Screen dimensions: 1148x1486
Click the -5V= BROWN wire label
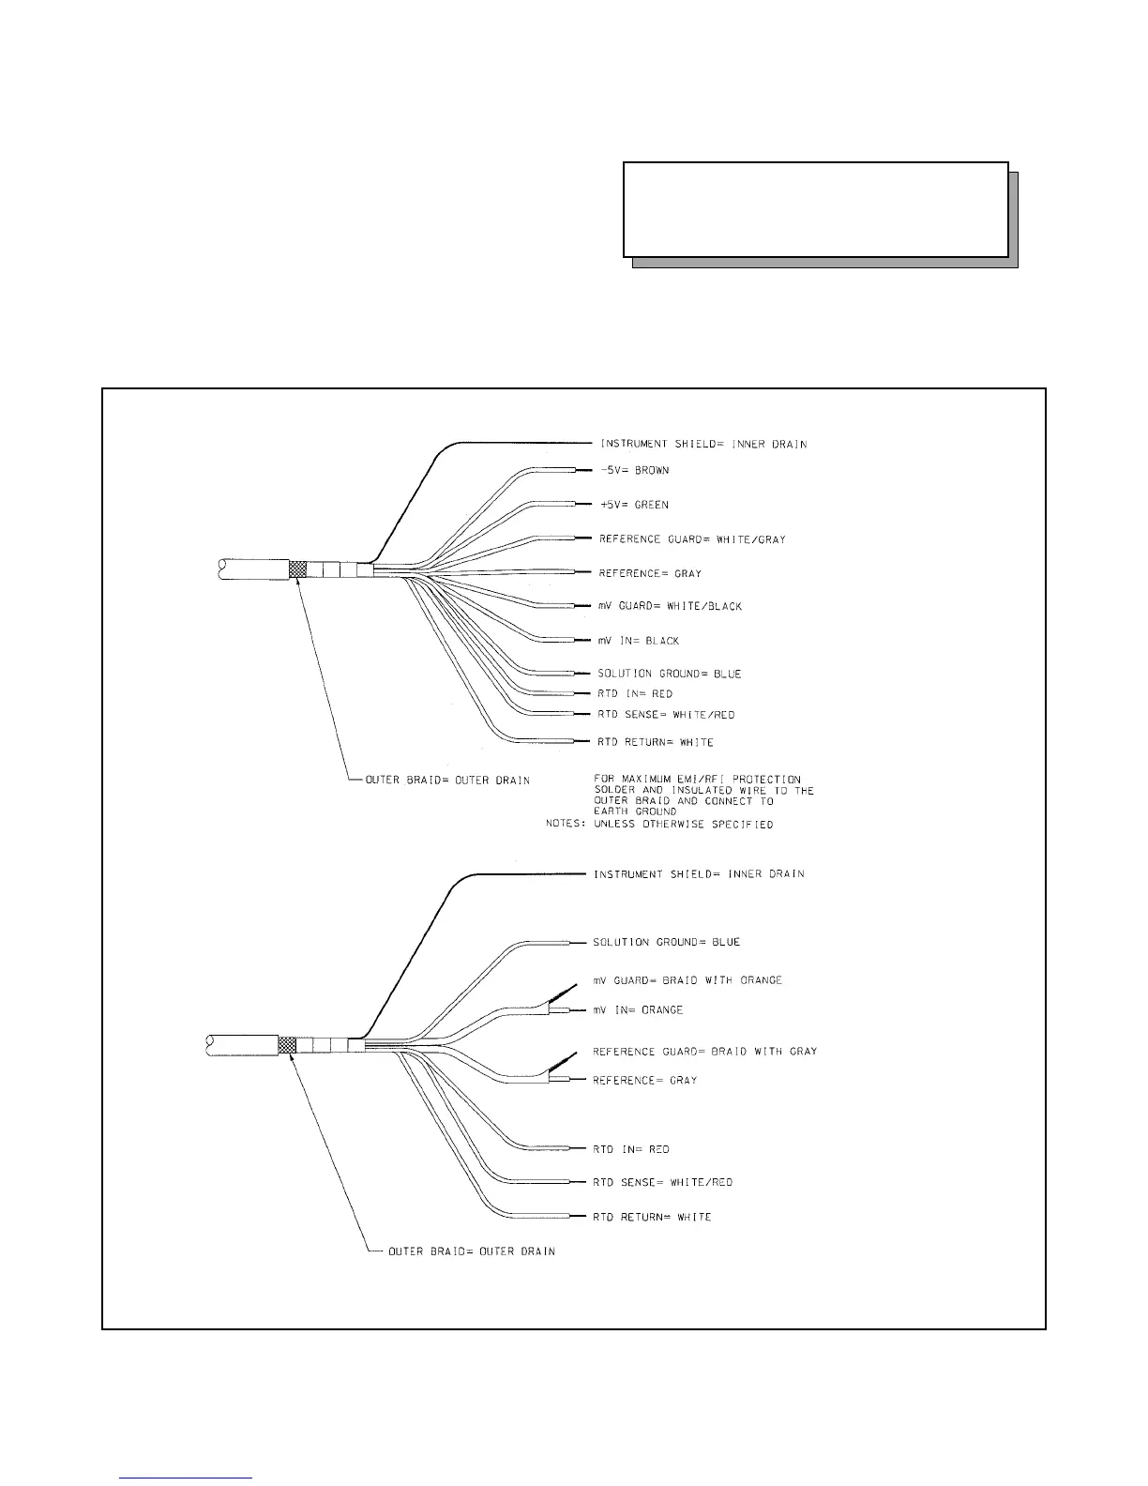tap(634, 471)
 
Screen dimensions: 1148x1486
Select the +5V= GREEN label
tap(634, 506)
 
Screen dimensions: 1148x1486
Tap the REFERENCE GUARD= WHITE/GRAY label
tap(692, 539)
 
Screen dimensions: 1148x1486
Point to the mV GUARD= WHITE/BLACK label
tap(670, 607)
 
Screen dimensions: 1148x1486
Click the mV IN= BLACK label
tap(638, 641)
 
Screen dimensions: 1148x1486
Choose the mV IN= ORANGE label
tap(638, 1010)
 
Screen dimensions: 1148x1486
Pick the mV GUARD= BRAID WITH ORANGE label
tap(687, 980)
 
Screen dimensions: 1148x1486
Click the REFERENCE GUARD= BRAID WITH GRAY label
tap(704, 1052)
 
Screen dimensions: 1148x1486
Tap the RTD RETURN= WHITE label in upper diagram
tap(655, 742)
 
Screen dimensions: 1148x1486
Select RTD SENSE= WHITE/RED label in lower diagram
tap(662, 1182)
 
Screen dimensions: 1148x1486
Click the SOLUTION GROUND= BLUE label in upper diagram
tap(669, 674)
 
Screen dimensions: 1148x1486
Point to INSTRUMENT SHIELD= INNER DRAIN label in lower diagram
tap(699, 874)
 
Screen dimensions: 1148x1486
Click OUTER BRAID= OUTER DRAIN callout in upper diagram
tap(447, 781)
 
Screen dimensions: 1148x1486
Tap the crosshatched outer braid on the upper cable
tap(297, 569)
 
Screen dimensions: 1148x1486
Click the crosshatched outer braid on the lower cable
tap(287, 1044)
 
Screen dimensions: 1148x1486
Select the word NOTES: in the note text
tap(566, 825)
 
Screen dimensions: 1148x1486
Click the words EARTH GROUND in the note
tap(635, 812)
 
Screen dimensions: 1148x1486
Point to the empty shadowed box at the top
tap(815, 210)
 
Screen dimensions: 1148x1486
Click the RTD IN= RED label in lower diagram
tap(630, 1149)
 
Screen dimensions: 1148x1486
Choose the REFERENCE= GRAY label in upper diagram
tap(650, 573)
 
